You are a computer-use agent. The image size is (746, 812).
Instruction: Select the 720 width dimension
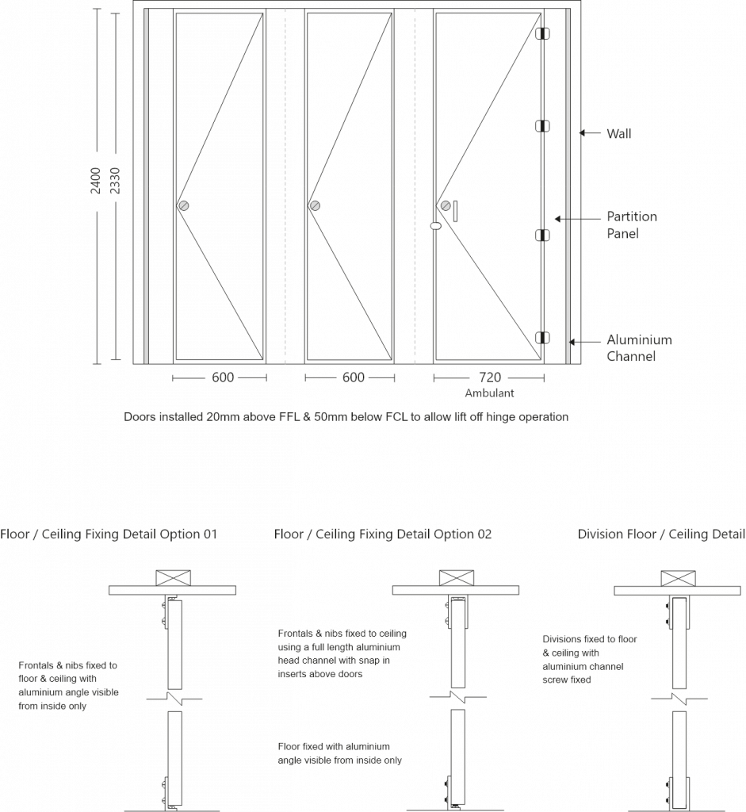click(x=489, y=377)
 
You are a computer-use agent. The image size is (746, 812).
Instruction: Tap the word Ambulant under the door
click(x=489, y=393)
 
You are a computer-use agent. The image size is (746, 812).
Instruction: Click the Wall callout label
click(x=619, y=134)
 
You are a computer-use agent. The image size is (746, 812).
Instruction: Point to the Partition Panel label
click(x=632, y=225)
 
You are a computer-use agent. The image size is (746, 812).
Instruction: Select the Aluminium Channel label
click(x=639, y=348)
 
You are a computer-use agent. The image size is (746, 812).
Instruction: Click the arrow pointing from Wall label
click(x=588, y=134)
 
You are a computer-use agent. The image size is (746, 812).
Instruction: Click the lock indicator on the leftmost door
click(x=184, y=205)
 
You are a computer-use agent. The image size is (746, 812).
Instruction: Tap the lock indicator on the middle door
click(x=315, y=205)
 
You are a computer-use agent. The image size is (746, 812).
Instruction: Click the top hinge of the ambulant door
click(x=543, y=34)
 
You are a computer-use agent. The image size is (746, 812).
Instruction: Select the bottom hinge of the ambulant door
click(x=543, y=339)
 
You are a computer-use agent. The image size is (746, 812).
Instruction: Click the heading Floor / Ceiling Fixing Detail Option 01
click(x=109, y=534)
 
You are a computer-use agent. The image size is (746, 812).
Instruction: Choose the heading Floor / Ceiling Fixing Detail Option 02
click(x=383, y=534)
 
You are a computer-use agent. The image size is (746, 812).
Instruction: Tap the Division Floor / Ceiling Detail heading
click(x=661, y=534)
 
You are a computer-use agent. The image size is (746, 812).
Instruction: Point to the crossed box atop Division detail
click(x=675, y=578)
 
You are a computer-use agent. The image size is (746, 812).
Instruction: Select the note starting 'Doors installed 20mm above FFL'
click(x=346, y=416)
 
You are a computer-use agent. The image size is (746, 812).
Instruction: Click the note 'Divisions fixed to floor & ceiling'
click(x=590, y=659)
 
